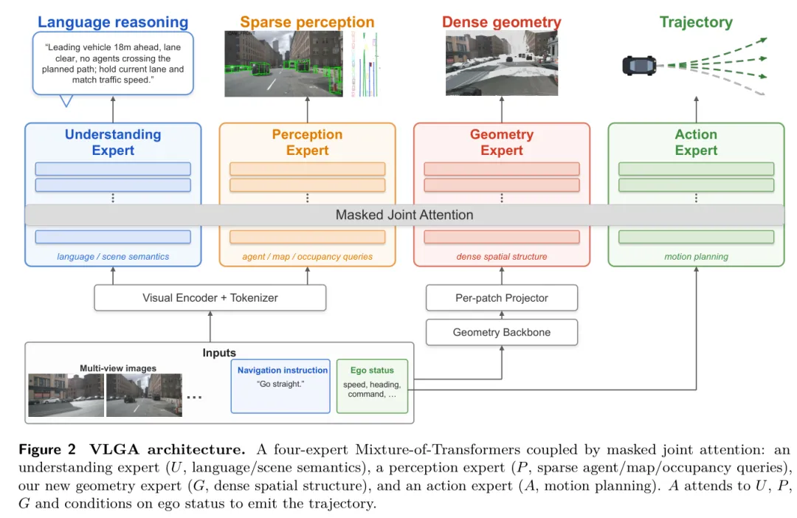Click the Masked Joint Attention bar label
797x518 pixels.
click(x=404, y=215)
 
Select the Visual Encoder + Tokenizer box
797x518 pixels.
click(x=210, y=298)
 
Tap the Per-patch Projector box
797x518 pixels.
click(x=502, y=298)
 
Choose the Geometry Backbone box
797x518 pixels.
click(x=502, y=333)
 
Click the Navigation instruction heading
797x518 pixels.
click(x=283, y=370)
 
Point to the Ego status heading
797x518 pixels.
click(x=372, y=370)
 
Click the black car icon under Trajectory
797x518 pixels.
click(x=639, y=66)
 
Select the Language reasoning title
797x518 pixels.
click(x=113, y=22)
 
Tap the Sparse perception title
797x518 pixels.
click(x=307, y=22)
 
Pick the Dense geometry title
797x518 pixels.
click(x=502, y=22)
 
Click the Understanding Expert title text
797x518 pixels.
click(x=113, y=142)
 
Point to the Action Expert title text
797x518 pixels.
click(x=696, y=142)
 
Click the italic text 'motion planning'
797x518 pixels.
click(x=696, y=257)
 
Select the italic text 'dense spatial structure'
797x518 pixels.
click(x=502, y=257)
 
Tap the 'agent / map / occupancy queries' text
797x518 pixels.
click(x=307, y=257)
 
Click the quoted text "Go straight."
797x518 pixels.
click(x=280, y=384)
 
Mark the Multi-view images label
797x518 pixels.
click(x=118, y=368)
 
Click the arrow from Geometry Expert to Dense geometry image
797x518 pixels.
click(x=502, y=109)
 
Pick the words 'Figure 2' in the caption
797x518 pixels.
click(x=47, y=449)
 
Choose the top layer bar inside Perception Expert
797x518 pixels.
click(x=307, y=169)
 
